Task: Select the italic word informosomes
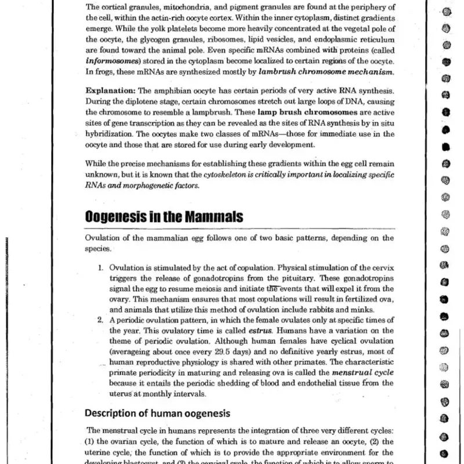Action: click(109, 62)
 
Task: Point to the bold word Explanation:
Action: click(110, 92)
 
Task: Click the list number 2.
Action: click(101, 320)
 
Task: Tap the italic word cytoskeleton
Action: click(226, 175)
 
